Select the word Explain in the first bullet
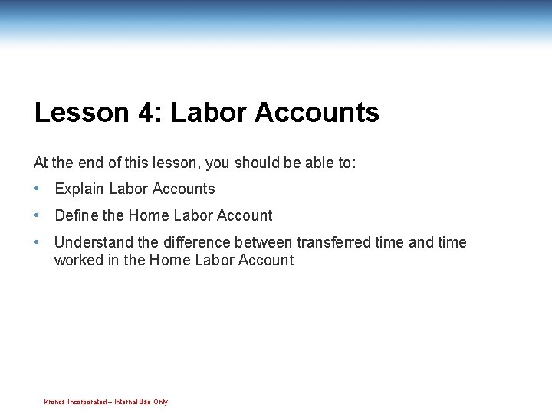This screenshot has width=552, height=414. point(80,189)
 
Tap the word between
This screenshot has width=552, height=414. point(264,242)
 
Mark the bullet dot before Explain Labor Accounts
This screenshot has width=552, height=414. point(37,189)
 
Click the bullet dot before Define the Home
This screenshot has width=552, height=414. point(37,215)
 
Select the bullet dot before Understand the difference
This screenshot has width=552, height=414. point(37,242)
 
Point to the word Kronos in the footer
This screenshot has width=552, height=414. point(54,402)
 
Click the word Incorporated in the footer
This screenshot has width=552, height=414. point(87,402)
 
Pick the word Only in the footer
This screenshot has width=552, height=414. point(160,402)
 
